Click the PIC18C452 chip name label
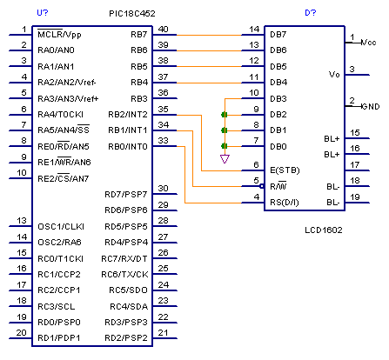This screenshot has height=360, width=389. pos(132,14)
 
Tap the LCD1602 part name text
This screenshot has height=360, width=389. pos(324,230)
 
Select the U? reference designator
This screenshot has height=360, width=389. pos(43,13)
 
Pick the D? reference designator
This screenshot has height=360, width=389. pos(311,13)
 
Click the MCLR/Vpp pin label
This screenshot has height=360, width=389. pos(59,34)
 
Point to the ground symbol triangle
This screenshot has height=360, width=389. pos(225,159)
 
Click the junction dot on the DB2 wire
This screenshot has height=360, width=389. pos(225,115)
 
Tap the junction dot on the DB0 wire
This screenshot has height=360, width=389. pos(225,146)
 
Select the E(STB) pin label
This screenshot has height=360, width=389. pos(285,170)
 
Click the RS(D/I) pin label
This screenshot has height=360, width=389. pos(285,203)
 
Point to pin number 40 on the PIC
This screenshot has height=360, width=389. pos(163,30)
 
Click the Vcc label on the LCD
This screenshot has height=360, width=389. pos(368,43)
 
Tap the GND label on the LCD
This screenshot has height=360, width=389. pos(371,107)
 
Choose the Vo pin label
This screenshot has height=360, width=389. pos(334,75)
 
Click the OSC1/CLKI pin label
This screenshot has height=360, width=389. pos(61,226)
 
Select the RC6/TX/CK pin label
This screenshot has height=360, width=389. pos(124,274)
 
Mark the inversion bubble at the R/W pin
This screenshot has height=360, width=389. pos(262,186)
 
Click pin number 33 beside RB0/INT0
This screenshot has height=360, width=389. pos(163,141)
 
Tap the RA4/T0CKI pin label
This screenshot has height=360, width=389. pos(60,115)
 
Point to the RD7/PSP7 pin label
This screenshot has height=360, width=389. pos(126,194)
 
